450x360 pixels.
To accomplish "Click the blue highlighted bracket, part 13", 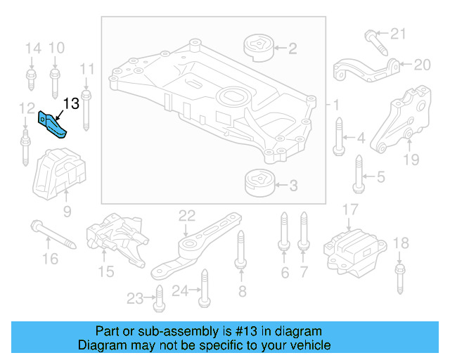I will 54,125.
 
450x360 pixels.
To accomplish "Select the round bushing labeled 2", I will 257,49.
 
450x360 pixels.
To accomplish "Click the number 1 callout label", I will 335,105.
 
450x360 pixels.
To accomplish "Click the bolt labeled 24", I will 204,290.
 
